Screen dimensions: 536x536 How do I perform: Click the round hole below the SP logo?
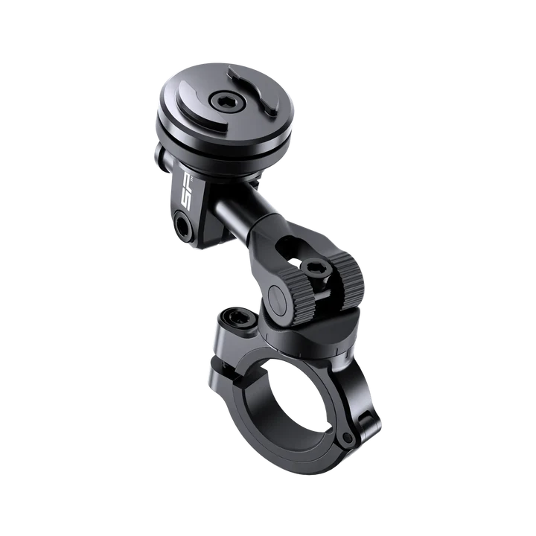pyautogui.click(x=182, y=221)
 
